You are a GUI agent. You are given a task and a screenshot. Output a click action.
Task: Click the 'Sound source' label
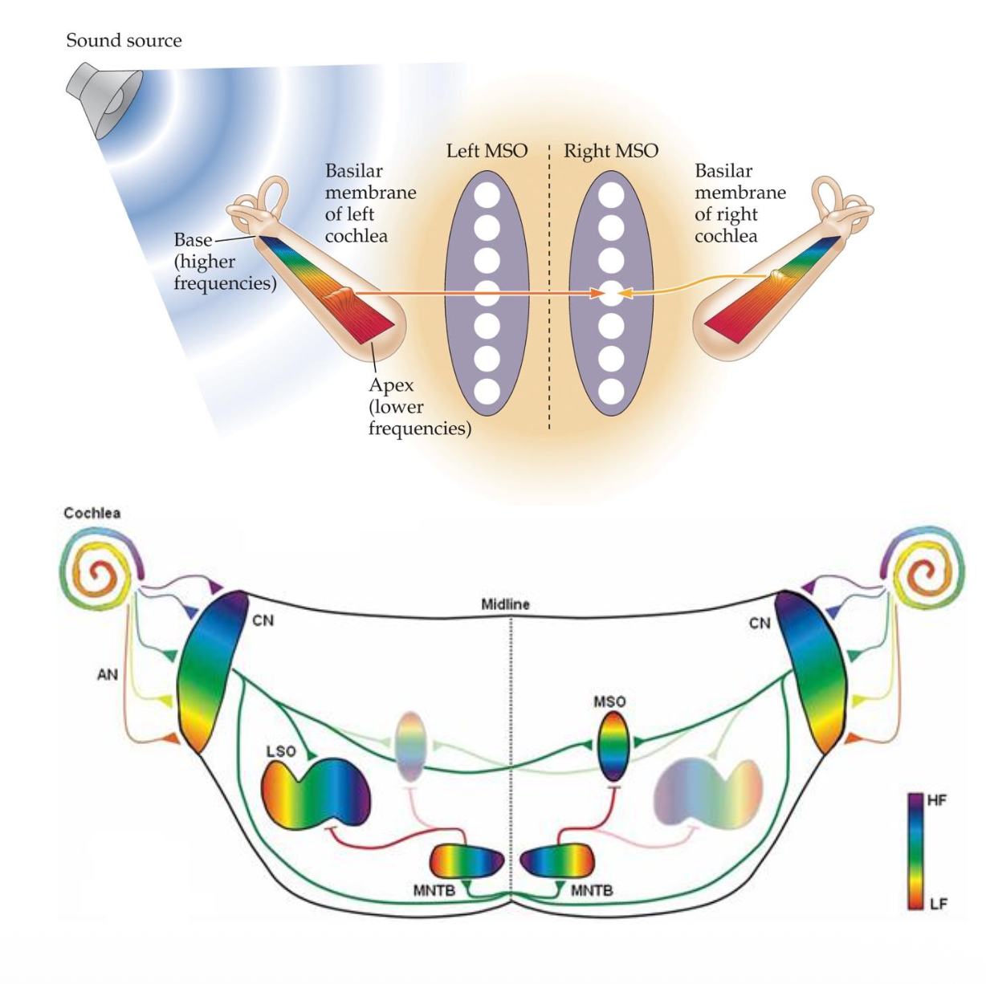coord(124,40)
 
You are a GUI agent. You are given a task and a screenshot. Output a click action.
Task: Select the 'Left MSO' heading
coord(487,151)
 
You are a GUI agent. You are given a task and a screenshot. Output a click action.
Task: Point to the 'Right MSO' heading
coord(610,151)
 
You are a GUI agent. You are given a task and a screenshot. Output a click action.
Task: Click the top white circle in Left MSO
coord(487,196)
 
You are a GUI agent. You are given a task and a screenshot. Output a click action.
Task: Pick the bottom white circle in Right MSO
coord(611,392)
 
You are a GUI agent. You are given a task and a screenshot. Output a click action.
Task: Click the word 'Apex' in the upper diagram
coord(391,385)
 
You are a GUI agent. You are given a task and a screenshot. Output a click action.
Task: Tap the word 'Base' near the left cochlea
coord(193,240)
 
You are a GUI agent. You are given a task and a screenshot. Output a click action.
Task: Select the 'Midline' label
coord(505,604)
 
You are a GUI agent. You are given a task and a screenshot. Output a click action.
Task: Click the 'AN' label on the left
coord(107,675)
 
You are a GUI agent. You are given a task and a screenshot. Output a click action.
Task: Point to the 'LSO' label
coord(280,752)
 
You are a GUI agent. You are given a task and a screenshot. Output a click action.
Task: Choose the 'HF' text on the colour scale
coord(937,801)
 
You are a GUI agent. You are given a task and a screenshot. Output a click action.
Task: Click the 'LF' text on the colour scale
coord(937,904)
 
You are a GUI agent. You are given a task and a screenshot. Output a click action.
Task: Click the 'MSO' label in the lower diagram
coord(609,701)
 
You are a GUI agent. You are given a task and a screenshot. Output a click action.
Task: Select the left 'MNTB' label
coord(434,890)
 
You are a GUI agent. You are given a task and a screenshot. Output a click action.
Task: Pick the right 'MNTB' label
coord(592,890)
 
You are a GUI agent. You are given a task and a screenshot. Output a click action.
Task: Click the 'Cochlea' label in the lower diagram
coord(92,513)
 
